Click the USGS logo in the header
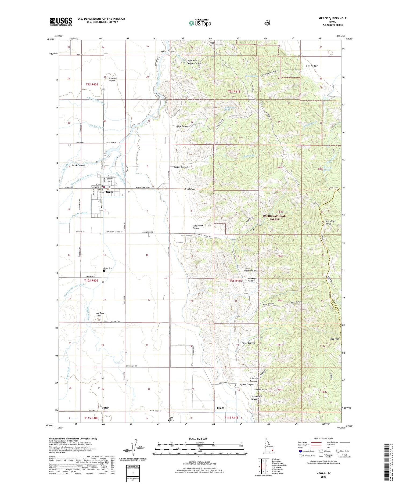[x=61, y=21]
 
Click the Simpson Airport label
[x=112, y=79]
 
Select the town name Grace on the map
[x=109, y=192]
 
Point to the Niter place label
[x=105, y=408]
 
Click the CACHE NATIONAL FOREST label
[x=274, y=218]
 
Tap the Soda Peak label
[x=334, y=339]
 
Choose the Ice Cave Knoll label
[x=100, y=314]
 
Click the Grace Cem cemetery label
[x=108, y=268]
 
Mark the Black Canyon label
[x=78, y=165]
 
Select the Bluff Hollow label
[x=311, y=66]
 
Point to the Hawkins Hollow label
[x=251, y=279]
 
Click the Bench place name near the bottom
[x=221, y=408]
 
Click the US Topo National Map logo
[x=200, y=23]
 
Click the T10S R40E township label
[x=91, y=280]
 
